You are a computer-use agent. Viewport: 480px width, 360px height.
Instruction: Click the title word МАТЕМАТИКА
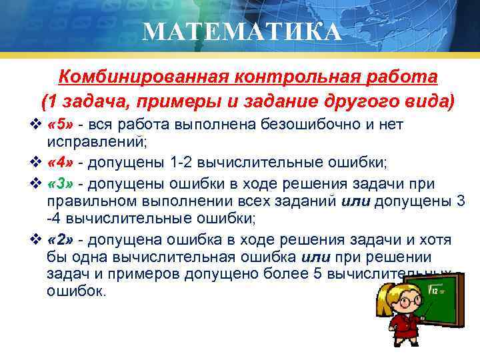242,31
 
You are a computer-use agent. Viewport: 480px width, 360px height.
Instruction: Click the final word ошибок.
77,291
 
